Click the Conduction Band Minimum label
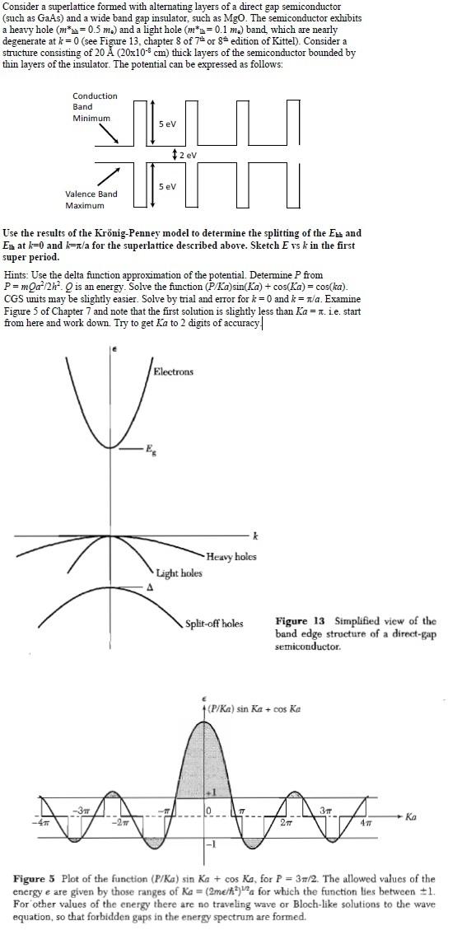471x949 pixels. [95, 107]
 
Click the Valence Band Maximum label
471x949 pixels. [91, 199]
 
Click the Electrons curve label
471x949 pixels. [174, 372]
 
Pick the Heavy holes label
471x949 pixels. [231, 557]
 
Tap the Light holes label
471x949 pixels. [179, 573]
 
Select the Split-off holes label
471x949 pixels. [214, 624]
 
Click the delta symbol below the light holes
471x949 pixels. [149, 588]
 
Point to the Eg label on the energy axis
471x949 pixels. [150, 449]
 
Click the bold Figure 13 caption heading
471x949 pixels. [303, 621]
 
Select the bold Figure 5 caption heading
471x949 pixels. [39, 879]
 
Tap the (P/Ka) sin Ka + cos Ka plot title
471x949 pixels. [254, 708]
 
